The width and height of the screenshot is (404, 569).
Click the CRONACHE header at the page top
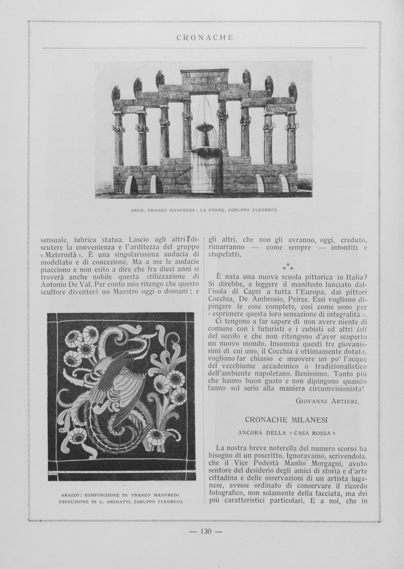(205, 38)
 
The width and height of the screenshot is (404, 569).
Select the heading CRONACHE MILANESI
(286, 419)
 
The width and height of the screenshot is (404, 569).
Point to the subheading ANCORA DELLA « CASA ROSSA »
(286, 432)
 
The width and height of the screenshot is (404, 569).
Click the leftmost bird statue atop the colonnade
(116, 93)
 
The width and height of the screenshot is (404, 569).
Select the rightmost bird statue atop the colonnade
(293, 90)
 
